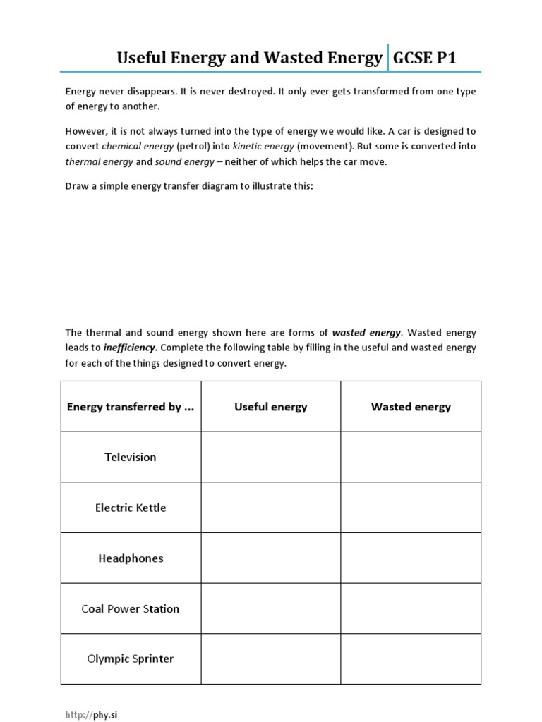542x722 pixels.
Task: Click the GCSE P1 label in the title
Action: coord(424,58)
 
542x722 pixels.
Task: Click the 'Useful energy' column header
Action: coord(270,407)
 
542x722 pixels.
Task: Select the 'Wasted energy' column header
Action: coord(411,407)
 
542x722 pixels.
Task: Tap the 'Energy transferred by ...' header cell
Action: coord(131,407)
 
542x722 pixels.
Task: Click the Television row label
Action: coord(131,457)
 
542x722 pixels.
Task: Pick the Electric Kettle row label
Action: coord(131,508)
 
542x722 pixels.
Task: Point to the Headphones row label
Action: coord(131,558)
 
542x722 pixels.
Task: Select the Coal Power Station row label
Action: coord(131,608)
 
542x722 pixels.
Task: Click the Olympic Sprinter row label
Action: coord(131,659)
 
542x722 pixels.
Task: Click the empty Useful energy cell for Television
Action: coord(270,457)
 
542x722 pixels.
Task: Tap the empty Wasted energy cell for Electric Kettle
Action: coord(411,508)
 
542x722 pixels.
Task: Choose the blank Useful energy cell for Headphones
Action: coord(270,558)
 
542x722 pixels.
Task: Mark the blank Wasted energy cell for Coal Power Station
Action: coord(411,608)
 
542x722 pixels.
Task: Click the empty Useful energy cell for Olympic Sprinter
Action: coord(270,659)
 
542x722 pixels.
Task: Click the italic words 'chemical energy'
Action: coord(138,147)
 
